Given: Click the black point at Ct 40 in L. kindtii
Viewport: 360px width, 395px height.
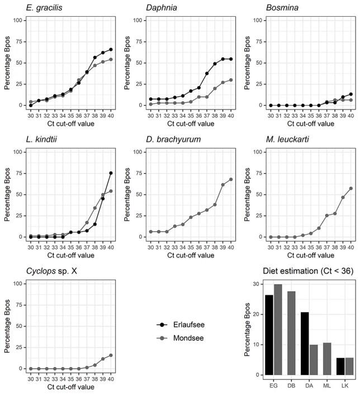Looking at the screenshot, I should pyautogui.click(x=111, y=173).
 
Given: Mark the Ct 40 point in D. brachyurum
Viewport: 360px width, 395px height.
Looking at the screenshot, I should pyautogui.click(x=231, y=179).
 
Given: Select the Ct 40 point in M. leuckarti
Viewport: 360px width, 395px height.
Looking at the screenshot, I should pyautogui.click(x=351, y=188).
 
